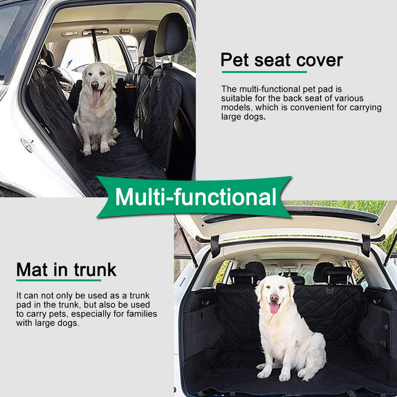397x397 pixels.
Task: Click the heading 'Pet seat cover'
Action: tap(281, 61)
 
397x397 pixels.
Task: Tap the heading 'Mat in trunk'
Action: tap(66, 269)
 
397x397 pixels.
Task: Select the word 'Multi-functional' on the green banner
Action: tap(195, 197)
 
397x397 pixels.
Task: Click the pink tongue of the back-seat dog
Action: tap(96, 94)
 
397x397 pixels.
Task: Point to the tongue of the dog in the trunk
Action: tap(274, 308)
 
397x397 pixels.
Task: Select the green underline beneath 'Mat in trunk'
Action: tap(52, 281)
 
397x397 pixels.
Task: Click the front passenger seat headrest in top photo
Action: tap(171, 35)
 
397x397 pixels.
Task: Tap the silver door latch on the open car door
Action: tap(27, 144)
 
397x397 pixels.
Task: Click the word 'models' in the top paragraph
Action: tap(236, 108)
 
